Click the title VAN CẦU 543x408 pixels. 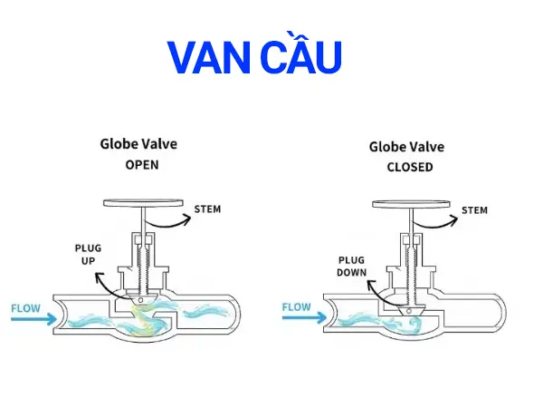[x=256, y=57]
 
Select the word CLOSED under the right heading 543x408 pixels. [x=409, y=167]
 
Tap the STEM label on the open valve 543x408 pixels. [x=207, y=209]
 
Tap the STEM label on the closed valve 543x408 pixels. [x=474, y=210]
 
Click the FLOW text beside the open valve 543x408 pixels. [x=24, y=307]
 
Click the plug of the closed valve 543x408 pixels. [x=410, y=308]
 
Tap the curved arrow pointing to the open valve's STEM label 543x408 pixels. [x=168, y=219]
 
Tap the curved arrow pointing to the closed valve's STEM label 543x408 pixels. [x=436, y=219]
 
